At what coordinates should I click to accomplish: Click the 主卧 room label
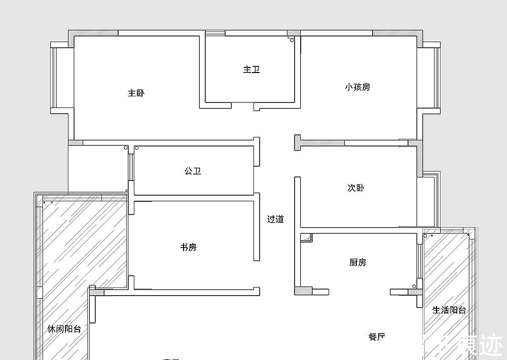pos(136,93)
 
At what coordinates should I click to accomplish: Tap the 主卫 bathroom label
pos(251,69)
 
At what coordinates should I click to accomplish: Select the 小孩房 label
pos(357,87)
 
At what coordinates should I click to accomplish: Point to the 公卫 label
pos(193,171)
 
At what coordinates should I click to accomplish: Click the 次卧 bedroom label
pos(355,188)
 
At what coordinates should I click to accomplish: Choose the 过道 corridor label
pos(275,220)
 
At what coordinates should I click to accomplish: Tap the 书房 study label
pos(189,247)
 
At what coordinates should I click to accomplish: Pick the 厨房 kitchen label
pos(358,263)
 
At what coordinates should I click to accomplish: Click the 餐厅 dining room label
pos(377,337)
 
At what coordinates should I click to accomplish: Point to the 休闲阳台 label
pos(64,329)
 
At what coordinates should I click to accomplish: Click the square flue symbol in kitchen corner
pos(306,238)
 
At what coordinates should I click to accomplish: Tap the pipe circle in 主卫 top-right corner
pos(292,40)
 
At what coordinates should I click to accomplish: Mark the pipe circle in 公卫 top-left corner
pos(137,149)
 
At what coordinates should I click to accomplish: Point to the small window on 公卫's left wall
pos(130,166)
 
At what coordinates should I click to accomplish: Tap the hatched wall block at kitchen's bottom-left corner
pos(303,292)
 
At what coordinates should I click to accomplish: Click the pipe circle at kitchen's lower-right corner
pos(414,286)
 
